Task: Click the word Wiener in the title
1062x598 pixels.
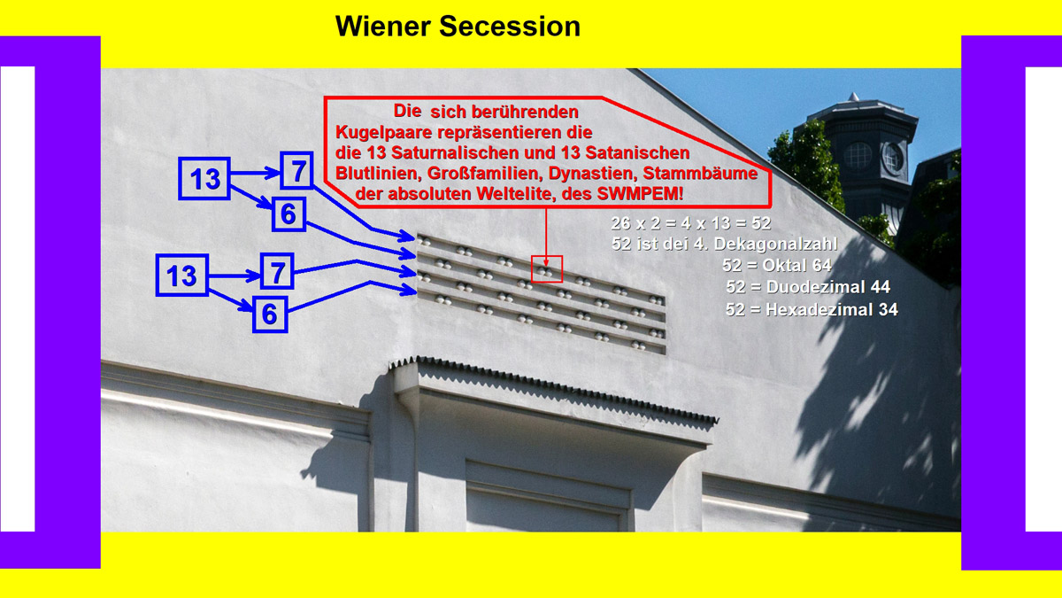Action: [x=382, y=26]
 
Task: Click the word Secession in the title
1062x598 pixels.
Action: [x=510, y=26]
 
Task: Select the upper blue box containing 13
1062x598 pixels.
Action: [x=204, y=178]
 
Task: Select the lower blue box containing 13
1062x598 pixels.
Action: [x=182, y=276]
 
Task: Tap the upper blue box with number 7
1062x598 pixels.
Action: [x=296, y=170]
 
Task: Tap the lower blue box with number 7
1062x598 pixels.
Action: [x=277, y=271]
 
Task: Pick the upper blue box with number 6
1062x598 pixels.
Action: [x=289, y=214]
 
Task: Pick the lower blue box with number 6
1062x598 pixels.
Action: [x=270, y=315]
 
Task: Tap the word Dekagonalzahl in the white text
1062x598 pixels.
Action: [x=775, y=244]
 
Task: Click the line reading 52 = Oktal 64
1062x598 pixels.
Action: [x=777, y=265]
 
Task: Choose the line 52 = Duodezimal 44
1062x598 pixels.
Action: [x=808, y=287]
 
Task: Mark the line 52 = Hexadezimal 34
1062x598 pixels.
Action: [x=812, y=309]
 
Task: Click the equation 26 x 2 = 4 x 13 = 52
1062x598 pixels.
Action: [x=691, y=223]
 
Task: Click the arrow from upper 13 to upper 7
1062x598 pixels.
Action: [x=255, y=173]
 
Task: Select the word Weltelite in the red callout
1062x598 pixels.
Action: [x=529, y=194]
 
